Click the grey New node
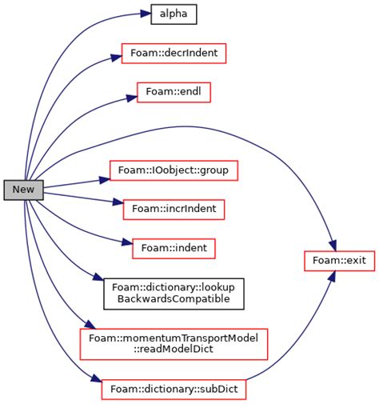pyautogui.click(x=23, y=190)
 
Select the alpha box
pyautogui.click(x=174, y=14)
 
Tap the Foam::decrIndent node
pyautogui.click(x=174, y=54)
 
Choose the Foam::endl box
pyautogui.click(x=174, y=92)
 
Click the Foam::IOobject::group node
pyautogui.click(x=174, y=170)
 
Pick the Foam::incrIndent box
pyautogui.click(x=174, y=209)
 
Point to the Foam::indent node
pyautogui.click(x=174, y=248)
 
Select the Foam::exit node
pyautogui.click(x=339, y=261)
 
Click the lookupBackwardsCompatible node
pyautogui.click(x=174, y=293)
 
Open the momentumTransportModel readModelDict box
pyautogui.click(x=174, y=343)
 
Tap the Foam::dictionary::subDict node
pyautogui.click(x=174, y=390)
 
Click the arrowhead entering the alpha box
pyautogui.click(x=145, y=14)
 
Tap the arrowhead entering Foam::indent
pyautogui.click(x=126, y=244)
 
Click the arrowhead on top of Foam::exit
pyautogui.click(x=335, y=245)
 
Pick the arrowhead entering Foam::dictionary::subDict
pyautogui.click(x=96, y=382)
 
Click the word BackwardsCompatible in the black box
pyautogui.click(x=174, y=299)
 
